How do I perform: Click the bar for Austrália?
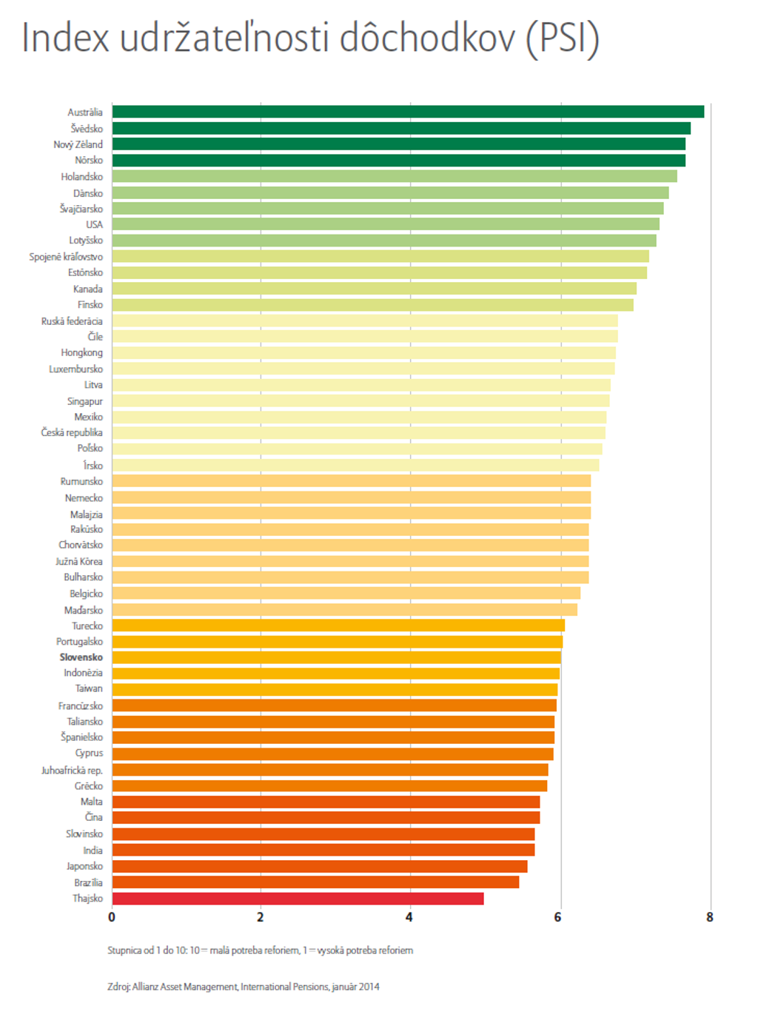coord(407,112)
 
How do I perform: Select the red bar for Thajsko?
coord(298,899)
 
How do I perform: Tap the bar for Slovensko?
coord(336,657)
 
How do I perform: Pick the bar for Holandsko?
coord(394,176)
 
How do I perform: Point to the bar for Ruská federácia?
coord(364,321)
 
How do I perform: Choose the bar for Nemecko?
coord(351,497)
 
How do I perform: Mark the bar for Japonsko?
coord(319,866)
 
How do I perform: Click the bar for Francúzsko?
coord(334,705)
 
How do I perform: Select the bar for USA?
coord(385,224)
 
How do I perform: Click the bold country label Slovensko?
coord(81,657)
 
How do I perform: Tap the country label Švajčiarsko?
coord(81,209)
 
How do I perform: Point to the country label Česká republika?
coord(72,432)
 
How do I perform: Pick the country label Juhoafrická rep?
coord(72,771)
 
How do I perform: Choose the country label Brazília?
coord(88,882)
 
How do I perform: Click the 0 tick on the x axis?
coord(112,917)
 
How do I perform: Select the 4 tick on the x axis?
coord(409,917)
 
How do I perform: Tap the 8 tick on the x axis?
coord(709,917)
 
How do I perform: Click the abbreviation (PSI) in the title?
coord(562,38)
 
